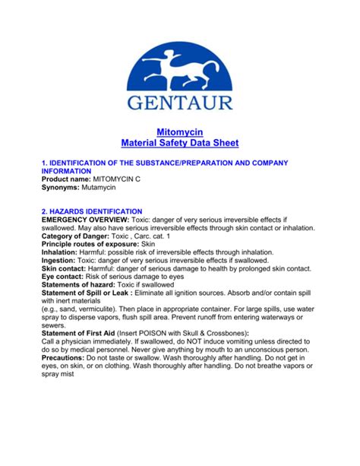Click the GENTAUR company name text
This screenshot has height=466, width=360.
click(180, 102)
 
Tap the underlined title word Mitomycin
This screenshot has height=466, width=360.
click(180, 131)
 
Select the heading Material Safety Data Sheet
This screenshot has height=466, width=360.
click(180, 142)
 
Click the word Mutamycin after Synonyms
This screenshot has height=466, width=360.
click(107, 186)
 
